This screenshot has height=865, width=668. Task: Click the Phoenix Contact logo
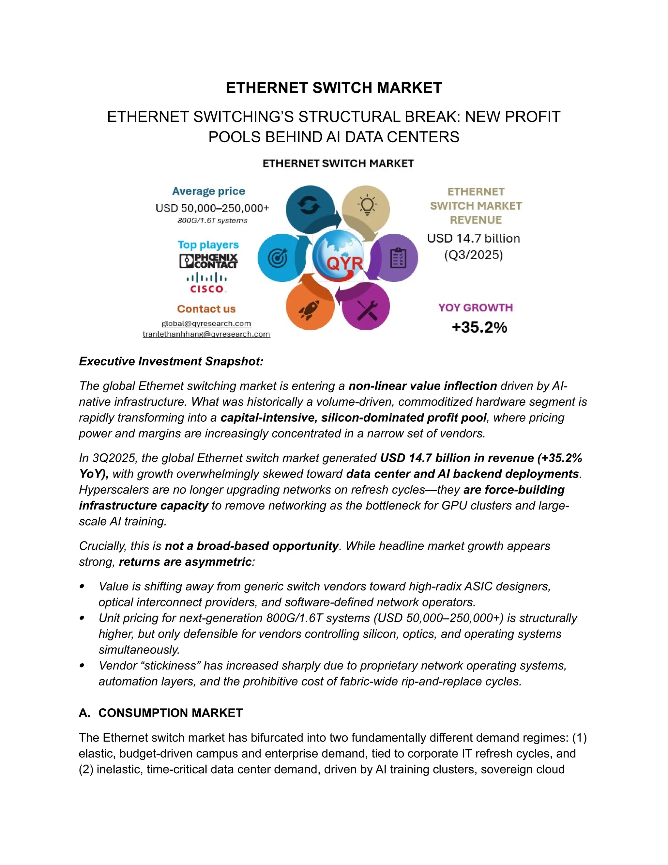(208, 261)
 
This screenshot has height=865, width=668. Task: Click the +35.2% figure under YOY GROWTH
(479, 327)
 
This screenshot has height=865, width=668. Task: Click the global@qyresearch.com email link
(206, 323)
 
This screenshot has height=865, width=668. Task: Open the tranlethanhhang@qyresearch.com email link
(206, 334)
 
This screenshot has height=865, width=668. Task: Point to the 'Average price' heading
(208, 191)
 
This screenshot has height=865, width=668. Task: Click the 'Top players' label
(208, 244)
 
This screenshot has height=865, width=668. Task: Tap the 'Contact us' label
(206, 308)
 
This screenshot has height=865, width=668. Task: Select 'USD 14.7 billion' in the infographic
(473, 238)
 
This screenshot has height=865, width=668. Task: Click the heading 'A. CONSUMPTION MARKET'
(161, 713)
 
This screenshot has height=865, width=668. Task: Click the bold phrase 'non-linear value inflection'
(422, 385)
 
